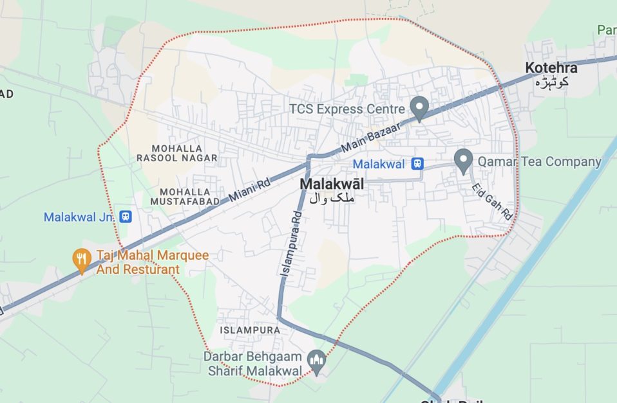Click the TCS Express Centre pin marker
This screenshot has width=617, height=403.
[419, 108]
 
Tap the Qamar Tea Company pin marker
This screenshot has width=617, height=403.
[463, 160]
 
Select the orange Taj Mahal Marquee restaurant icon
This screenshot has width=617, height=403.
[81, 260]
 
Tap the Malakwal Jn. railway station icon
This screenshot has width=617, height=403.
[126, 217]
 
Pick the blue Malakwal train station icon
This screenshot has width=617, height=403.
[417, 164]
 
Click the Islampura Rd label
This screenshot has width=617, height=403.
[291, 244]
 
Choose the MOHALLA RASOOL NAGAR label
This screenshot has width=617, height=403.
[176, 152]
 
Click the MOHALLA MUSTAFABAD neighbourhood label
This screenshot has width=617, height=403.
[185, 196]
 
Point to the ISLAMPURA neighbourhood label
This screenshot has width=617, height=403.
[250, 330]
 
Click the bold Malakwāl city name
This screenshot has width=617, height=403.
[332, 184]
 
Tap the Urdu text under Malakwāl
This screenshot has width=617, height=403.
[332, 198]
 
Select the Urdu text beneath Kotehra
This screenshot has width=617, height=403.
[551, 82]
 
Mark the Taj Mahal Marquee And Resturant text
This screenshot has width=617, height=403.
[152, 262]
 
